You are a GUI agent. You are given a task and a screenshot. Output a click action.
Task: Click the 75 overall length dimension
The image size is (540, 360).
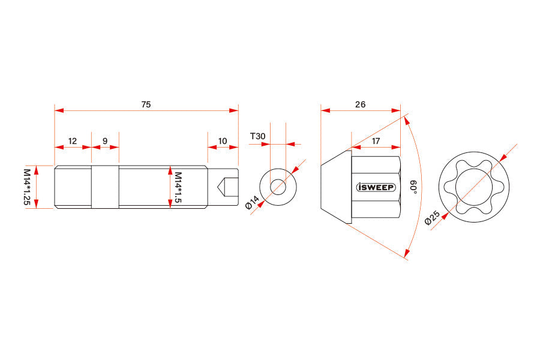[x=146, y=104]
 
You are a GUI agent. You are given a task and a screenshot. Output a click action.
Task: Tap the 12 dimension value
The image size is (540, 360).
[x=73, y=141]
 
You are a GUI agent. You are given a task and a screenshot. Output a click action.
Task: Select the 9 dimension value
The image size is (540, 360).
[x=105, y=141]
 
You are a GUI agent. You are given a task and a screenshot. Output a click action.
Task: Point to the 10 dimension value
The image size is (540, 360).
[x=223, y=141]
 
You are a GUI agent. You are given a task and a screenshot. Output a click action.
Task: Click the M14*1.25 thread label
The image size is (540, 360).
[x=27, y=187]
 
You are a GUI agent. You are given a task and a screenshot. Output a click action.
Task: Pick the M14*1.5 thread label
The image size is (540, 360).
[x=178, y=188]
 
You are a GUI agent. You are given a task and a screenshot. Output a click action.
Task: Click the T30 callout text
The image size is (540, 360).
[x=257, y=136]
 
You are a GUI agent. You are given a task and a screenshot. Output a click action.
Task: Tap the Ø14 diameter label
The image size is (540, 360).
[x=252, y=202]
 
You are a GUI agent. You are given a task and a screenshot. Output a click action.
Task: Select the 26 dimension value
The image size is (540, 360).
[x=360, y=104]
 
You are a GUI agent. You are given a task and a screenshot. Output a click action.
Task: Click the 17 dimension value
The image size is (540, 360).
[x=376, y=141]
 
